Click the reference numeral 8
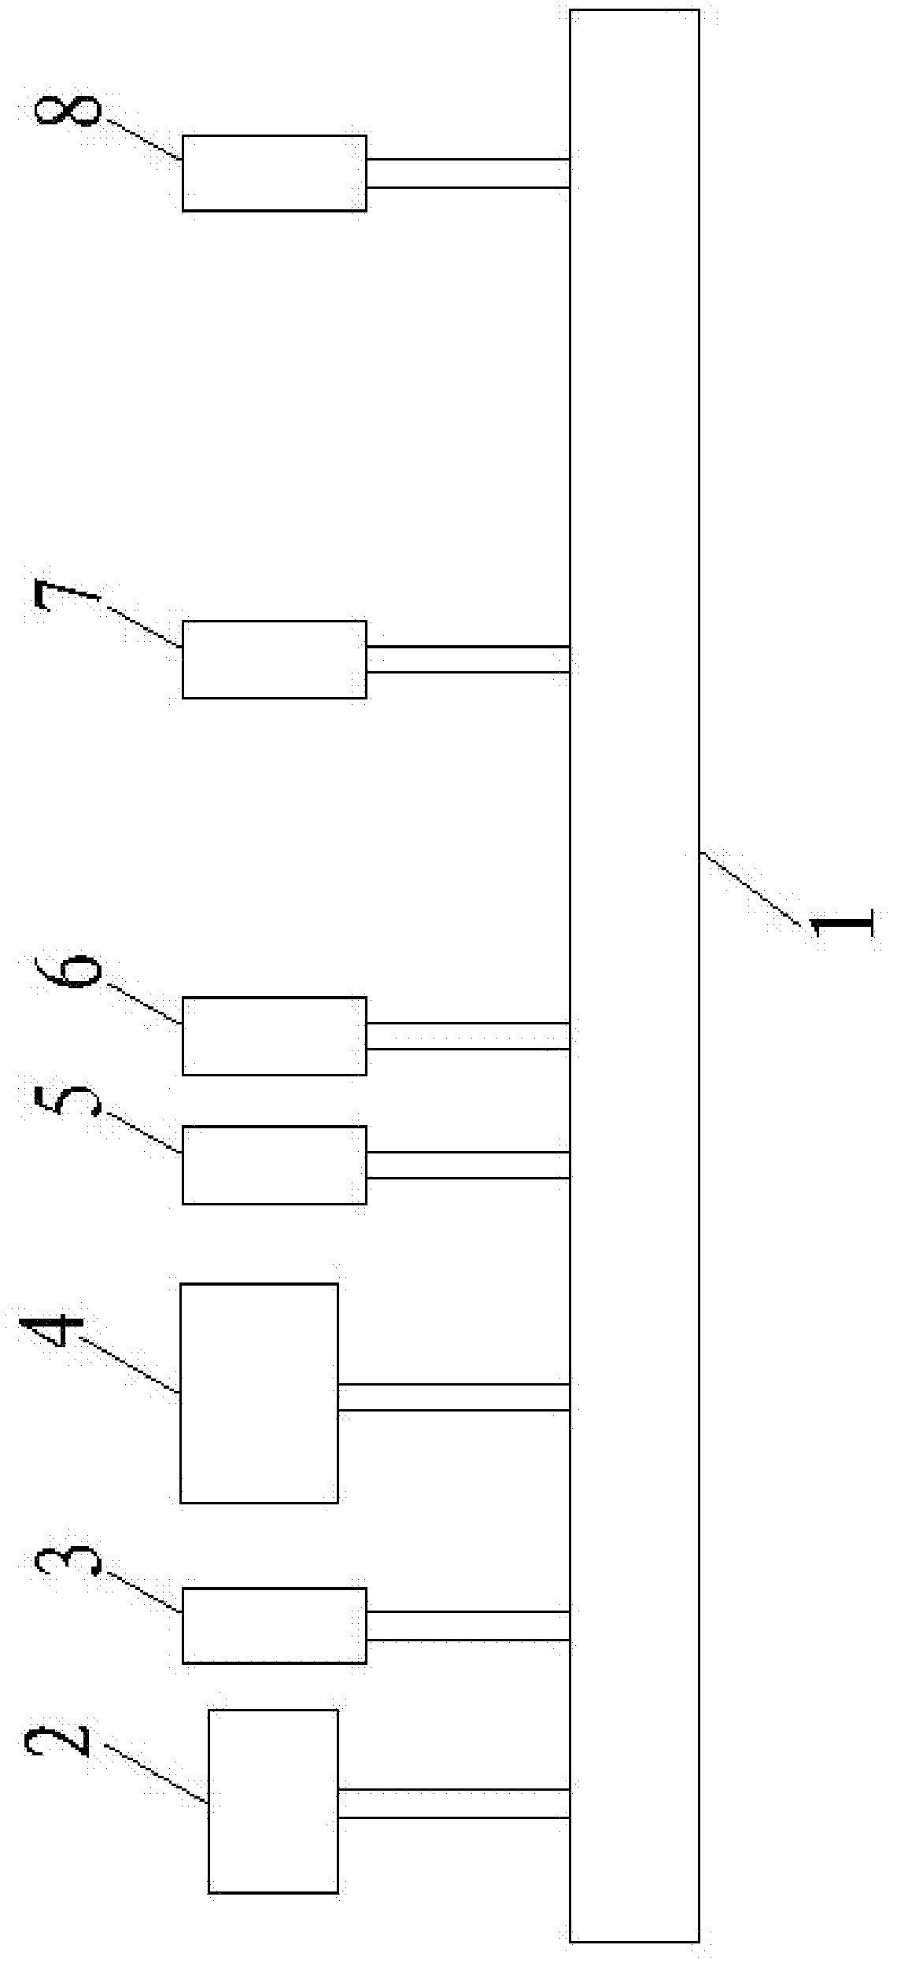pyautogui.click(x=68, y=110)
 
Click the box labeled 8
pyautogui.click(x=274, y=173)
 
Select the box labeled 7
pyautogui.click(x=274, y=659)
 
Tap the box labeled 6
pyautogui.click(x=274, y=1035)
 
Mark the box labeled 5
pyautogui.click(x=274, y=1164)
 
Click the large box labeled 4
pyautogui.click(x=259, y=1393)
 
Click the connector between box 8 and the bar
pyautogui.click(x=467, y=173)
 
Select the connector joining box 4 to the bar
pyautogui.click(x=453, y=1397)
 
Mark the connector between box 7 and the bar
pyautogui.click(x=467, y=659)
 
